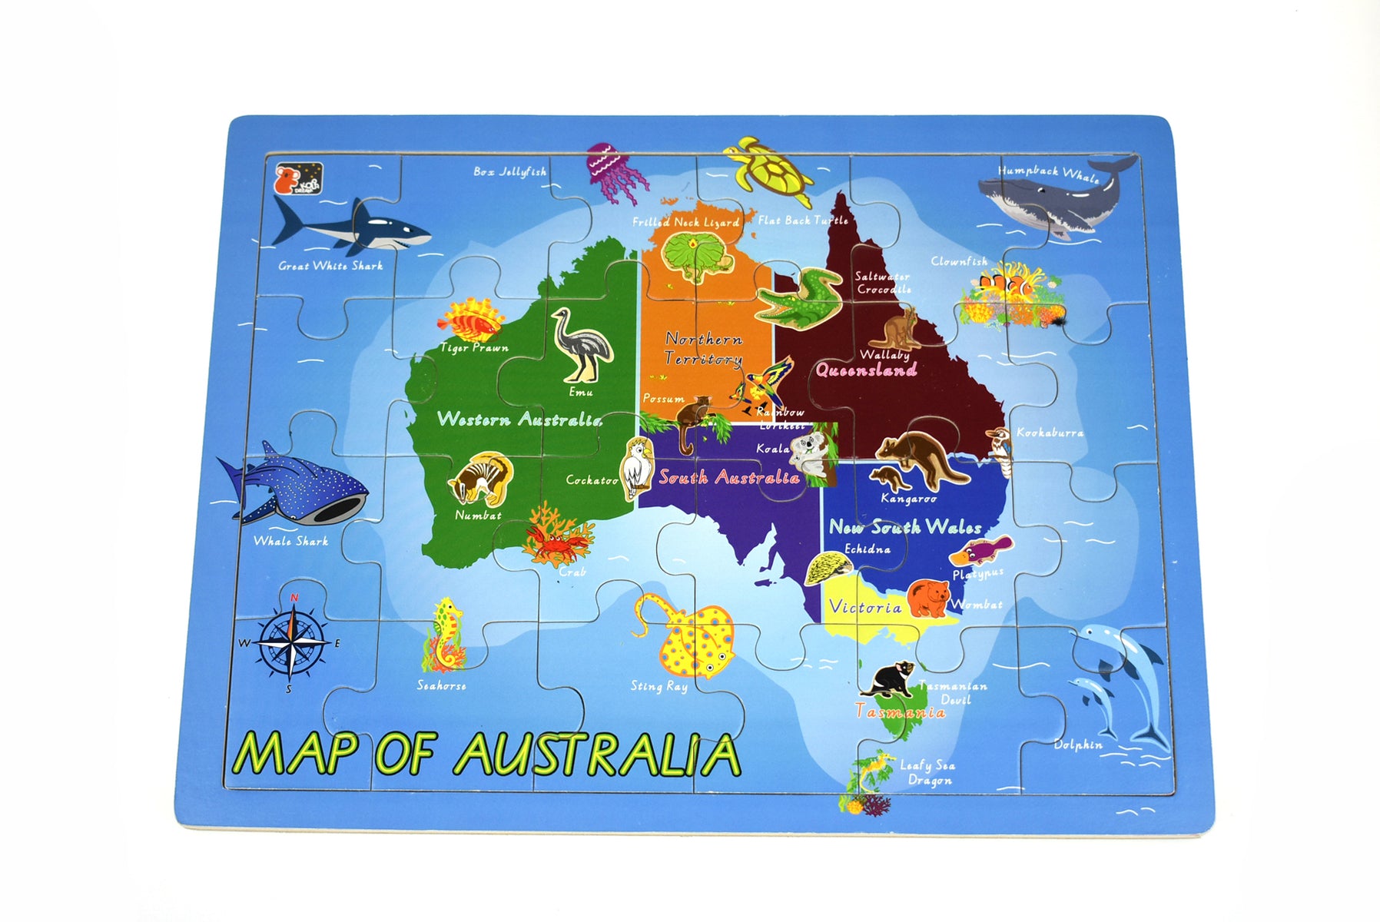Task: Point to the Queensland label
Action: point(866,370)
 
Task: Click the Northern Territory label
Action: point(703,349)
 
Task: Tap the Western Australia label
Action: point(519,420)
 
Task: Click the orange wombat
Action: point(928,598)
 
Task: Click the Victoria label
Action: point(865,608)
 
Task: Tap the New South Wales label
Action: point(905,527)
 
